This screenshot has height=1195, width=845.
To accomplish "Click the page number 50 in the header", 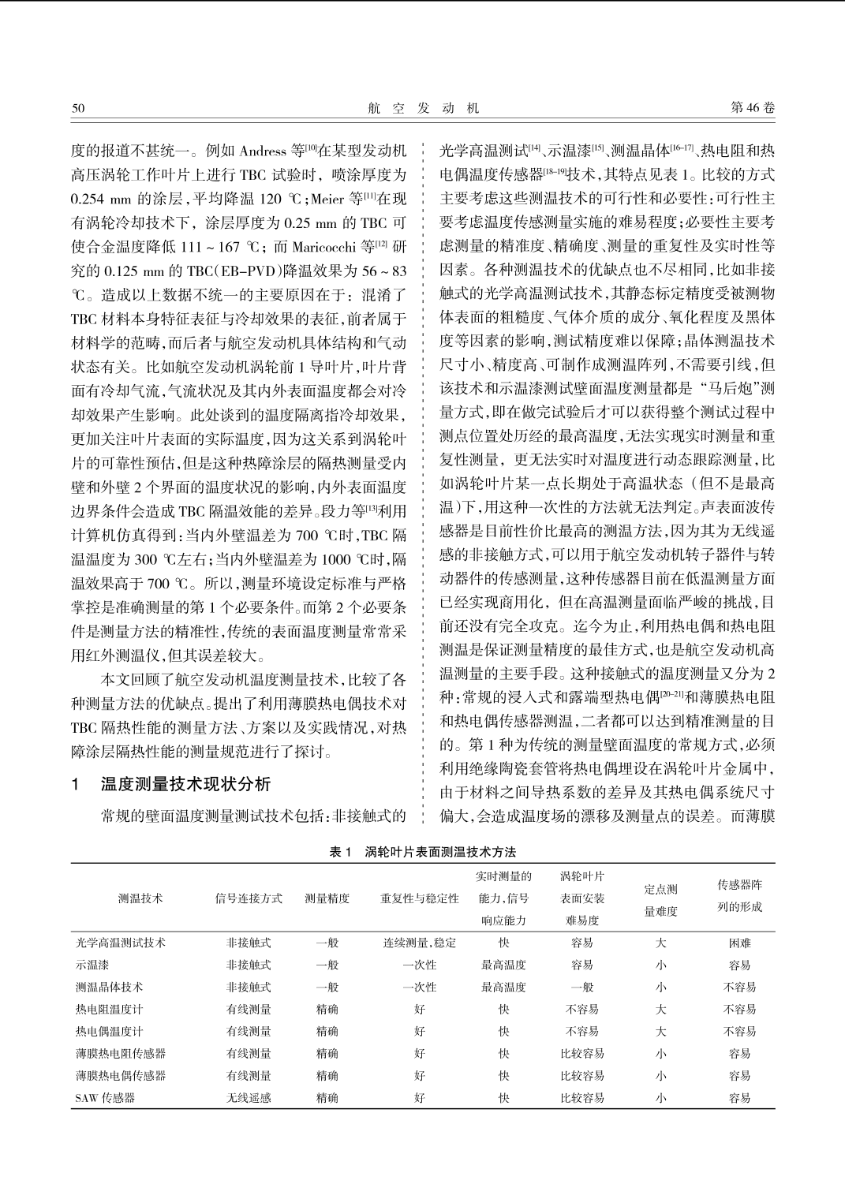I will (x=77, y=108).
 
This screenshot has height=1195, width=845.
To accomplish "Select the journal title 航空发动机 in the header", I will (x=423, y=108).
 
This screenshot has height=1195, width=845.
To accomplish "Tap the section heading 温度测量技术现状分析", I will (x=185, y=784).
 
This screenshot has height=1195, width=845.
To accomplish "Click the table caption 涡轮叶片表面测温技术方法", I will (x=440, y=852).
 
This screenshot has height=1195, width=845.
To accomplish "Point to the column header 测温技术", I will (x=140, y=898).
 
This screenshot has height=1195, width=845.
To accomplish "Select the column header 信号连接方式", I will (x=249, y=898).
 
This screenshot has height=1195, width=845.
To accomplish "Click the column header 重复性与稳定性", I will (x=419, y=898).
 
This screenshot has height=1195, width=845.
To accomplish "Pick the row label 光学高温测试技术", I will (x=121, y=943).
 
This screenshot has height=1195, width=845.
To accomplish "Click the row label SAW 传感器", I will (x=105, y=1097).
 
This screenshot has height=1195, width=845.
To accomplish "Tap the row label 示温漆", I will (x=92, y=965).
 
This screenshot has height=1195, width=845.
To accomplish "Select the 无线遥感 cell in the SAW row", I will (x=249, y=1097).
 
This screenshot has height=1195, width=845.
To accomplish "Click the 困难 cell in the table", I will (x=739, y=943).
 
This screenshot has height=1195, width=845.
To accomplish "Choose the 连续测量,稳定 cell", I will (x=419, y=943).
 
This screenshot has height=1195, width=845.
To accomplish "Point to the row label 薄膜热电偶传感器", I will (x=121, y=1075).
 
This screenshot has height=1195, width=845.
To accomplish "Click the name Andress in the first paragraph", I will (x=263, y=151).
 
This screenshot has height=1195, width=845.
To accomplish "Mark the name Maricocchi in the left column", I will (x=323, y=247).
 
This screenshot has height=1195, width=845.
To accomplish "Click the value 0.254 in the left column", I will (x=88, y=199).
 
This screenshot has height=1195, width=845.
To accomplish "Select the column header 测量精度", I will (x=327, y=898).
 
